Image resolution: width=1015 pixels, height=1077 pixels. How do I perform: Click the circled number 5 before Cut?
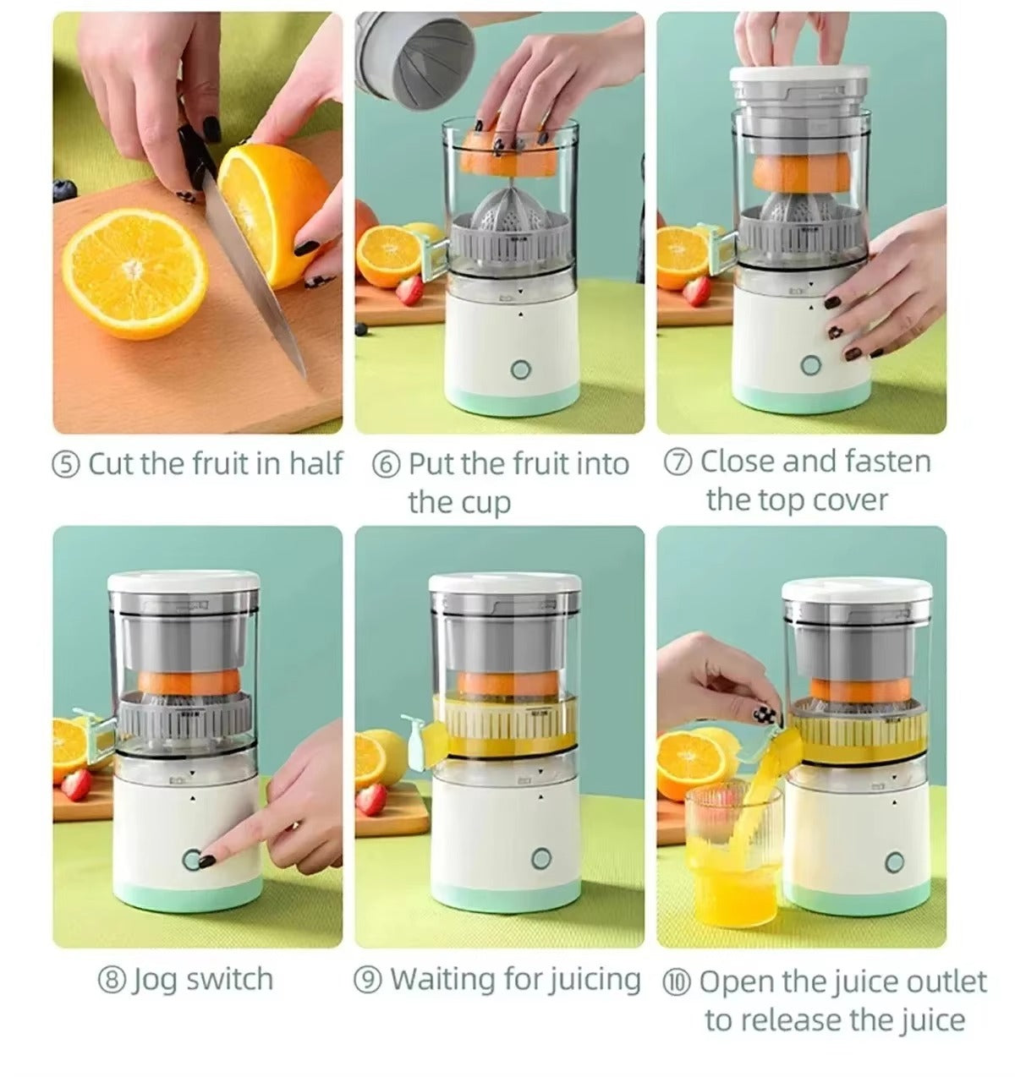66,464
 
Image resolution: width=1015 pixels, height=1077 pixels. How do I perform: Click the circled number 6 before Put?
386,465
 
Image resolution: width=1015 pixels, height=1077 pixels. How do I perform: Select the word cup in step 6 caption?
485,503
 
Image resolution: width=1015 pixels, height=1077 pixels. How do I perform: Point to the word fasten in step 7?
884,462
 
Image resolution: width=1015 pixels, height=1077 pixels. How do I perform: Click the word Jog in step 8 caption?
155,981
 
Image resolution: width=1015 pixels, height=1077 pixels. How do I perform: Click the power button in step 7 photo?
811,365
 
